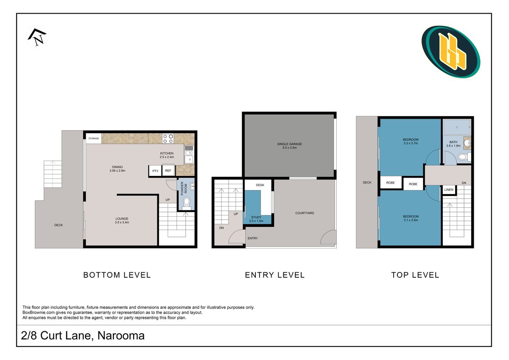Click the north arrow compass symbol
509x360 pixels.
[x=37, y=37]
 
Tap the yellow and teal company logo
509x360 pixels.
[x=450, y=52]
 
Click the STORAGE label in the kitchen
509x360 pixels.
[x=94, y=138]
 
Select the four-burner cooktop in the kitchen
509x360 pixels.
[x=168, y=139]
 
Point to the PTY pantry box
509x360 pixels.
[x=155, y=171]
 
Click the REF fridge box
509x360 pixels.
[x=168, y=170]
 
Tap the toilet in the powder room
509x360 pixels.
[x=187, y=203]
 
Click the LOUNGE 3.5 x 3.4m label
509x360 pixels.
[x=122, y=220]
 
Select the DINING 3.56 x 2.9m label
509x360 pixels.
[x=117, y=169]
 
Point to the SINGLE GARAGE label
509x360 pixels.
[x=289, y=144]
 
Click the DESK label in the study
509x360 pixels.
[x=260, y=185]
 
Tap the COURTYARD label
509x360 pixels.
[x=305, y=213]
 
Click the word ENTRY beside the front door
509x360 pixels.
[x=253, y=238]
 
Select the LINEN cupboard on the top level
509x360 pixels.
[x=449, y=190]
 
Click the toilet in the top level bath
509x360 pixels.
[x=464, y=157]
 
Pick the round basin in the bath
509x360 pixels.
[x=467, y=143]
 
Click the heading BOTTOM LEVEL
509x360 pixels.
[x=117, y=275]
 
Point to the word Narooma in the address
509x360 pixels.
[x=121, y=335]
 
